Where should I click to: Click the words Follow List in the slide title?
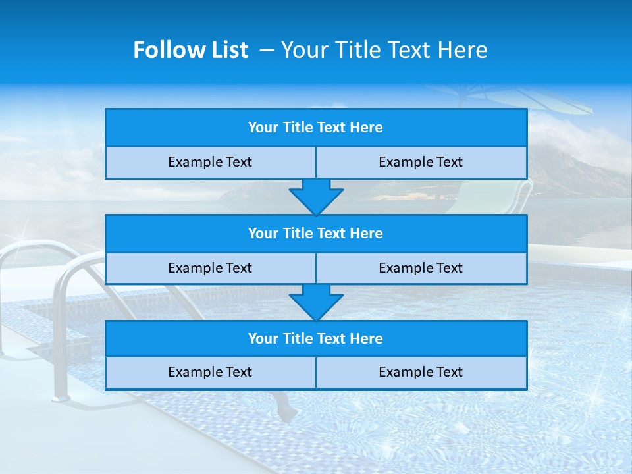tap(190, 50)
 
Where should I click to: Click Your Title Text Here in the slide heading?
tap(384, 50)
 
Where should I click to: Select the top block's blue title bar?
tap(315, 128)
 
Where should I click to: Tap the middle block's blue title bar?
tap(315, 234)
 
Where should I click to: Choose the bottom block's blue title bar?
tap(315, 339)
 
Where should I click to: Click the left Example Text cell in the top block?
tap(210, 163)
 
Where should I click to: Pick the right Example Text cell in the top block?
tap(421, 163)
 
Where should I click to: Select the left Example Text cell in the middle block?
tap(210, 269)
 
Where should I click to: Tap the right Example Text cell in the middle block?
tap(421, 269)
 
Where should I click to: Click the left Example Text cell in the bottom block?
tap(210, 373)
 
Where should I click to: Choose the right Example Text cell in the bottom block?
tap(421, 373)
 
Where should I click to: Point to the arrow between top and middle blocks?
tap(316, 197)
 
